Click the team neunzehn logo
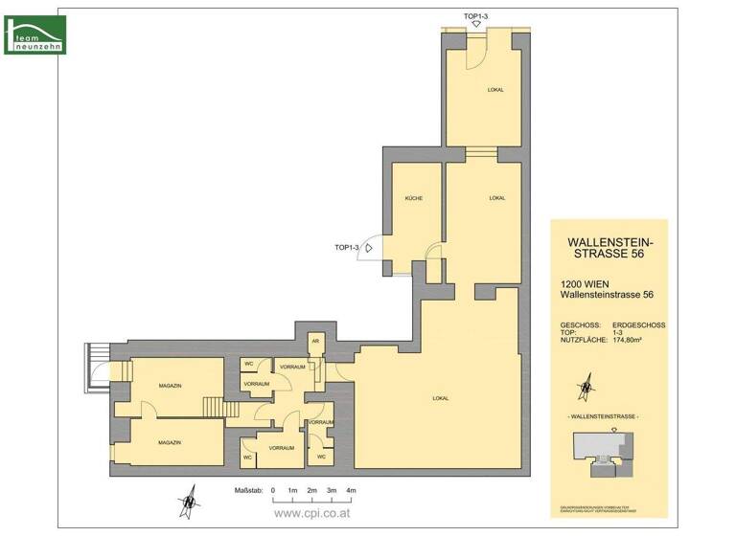click(35, 34)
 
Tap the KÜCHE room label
click(413, 198)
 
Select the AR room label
click(314, 342)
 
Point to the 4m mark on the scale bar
click(351, 490)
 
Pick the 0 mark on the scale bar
click(273, 490)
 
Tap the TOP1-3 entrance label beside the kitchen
click(347, 248)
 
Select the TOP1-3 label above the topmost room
click(476, 15)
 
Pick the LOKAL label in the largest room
click(441, 398)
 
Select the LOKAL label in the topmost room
click(495, 90)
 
